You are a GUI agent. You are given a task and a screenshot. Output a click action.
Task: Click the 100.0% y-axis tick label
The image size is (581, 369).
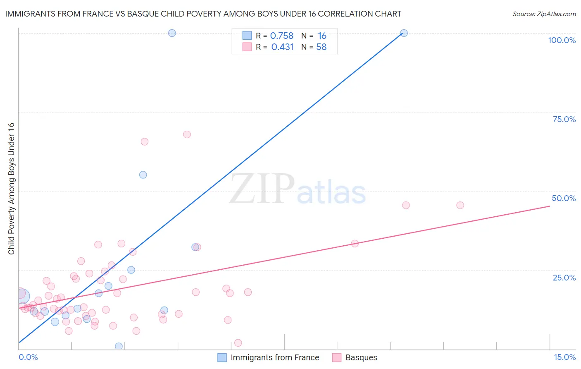pos(562,40)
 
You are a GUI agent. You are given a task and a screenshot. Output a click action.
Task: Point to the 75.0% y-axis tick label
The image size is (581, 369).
pos(564,119)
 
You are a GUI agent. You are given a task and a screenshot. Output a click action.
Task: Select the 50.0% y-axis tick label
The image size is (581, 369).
pos(564,198)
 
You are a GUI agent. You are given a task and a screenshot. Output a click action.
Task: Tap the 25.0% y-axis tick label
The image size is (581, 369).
pos(564,277)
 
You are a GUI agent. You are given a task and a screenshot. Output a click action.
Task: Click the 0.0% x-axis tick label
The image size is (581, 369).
pos(28,357)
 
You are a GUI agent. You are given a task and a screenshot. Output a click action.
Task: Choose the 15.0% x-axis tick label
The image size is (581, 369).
pos(564,357)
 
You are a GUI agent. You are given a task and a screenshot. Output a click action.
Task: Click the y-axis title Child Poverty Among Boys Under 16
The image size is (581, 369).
pos(11,189)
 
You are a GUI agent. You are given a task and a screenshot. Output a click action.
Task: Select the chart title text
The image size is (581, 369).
pos(203,14)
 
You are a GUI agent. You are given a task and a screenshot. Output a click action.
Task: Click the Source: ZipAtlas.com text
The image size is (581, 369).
pos(544,14)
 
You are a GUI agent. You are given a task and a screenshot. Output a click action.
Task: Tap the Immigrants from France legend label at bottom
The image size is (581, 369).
pos(275,357)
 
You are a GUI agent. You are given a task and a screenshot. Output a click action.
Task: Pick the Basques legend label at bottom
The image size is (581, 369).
pos(361,357)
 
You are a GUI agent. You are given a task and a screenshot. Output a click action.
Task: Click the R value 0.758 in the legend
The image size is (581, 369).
pos(281,36)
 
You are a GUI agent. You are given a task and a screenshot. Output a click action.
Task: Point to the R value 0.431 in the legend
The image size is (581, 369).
pos(282,47)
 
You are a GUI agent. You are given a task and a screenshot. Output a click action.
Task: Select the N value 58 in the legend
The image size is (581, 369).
pos(321,47)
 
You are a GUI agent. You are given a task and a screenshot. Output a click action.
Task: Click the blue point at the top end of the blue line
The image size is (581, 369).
pos(404,33)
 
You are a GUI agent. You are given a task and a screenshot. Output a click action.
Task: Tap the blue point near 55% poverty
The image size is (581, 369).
pos(143,175)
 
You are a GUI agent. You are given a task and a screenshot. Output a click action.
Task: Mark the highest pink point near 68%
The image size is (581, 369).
pos(187,134)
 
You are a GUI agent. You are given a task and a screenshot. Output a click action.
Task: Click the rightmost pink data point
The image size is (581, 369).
pos(460,205)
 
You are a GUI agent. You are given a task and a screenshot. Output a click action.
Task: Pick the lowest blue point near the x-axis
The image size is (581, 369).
pos(119,346)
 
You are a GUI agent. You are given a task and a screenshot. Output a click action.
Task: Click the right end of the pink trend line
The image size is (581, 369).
pos(550,206)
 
